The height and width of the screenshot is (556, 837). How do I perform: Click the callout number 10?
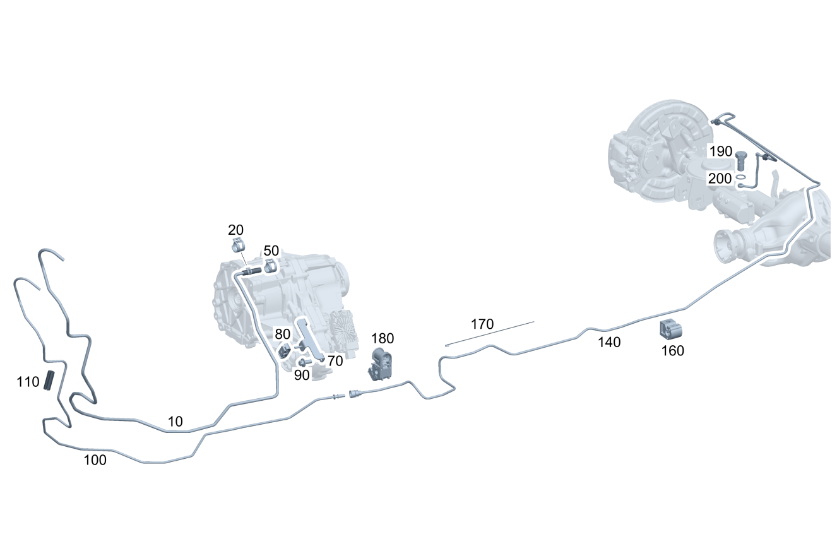pos(175,422)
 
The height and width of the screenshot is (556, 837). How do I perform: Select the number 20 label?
pos(235,230)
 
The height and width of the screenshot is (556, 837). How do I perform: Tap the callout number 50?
pos(271,251)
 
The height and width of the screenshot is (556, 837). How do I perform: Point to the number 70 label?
pos(335,362)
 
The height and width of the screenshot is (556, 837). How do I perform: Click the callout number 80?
pos(282,333)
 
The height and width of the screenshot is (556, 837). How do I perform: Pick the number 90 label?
pos(302,375)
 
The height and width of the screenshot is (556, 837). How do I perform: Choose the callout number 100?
pos(95,460)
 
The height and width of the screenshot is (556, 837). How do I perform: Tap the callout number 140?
pos(610,343)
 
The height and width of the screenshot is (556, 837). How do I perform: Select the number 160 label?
pos(672,351)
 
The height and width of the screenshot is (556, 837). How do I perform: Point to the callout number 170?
pos(482,325)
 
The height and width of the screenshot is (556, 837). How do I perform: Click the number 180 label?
pos(383,338)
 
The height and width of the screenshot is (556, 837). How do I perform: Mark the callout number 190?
pos(720,152)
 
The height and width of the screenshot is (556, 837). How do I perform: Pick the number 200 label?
pos(720,179)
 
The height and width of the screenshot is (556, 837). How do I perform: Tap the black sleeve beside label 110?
pos(49,381)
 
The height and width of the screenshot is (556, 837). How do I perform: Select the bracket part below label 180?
pos(381,365)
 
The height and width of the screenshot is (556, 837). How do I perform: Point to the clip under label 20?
pos(237,245)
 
